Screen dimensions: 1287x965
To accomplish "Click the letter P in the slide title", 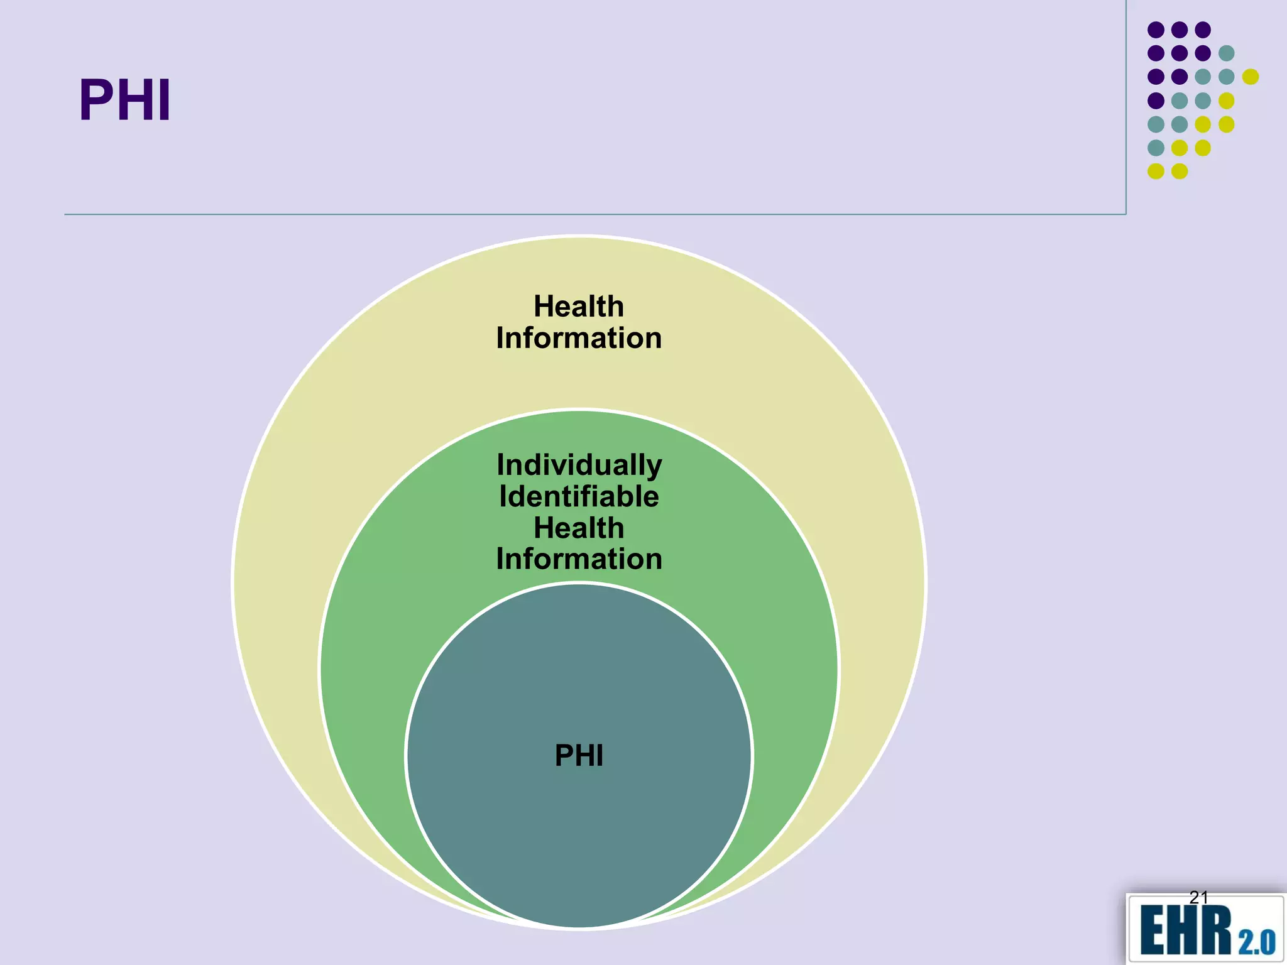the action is click(x=96, y=101).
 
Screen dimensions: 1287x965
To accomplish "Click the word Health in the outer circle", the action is click(x=579, y=307).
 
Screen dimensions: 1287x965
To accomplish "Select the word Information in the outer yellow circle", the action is click(x=579, y=338).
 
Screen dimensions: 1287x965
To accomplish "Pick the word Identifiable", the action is click(x=579, y=496).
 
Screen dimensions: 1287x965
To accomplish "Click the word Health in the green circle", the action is click(x=579, y=528).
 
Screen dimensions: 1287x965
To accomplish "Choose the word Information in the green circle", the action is click(x=579, y=559).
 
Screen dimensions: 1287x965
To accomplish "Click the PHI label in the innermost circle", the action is click(x=579, y=755).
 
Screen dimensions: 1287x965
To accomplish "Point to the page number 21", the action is click(x=1198, y=897).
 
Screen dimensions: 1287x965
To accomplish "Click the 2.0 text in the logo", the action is click(x=1257, y=942).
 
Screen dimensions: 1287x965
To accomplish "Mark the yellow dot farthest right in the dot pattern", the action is click(x=1251, y=77).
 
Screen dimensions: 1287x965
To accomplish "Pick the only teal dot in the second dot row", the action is click(x=1227, y=53).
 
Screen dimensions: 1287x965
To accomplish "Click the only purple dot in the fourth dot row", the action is click(x=1156, y=101).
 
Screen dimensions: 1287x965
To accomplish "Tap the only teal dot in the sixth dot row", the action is click(x=1156, y=148).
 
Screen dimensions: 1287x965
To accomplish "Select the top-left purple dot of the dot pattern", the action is click(x=1156, y=30).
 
